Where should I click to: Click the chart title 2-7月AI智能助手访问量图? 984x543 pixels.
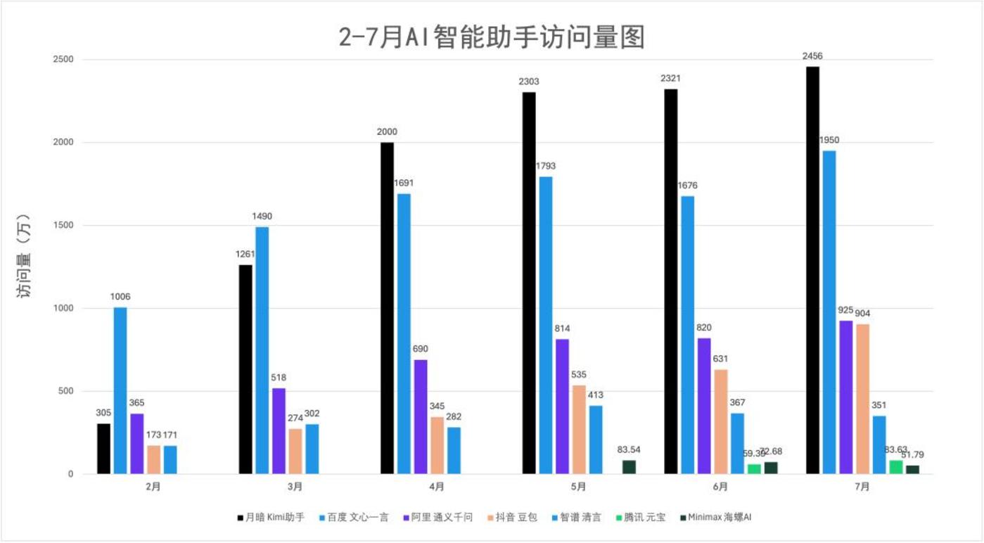tap(492, 37)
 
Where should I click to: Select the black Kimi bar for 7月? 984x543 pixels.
tap(812, 270)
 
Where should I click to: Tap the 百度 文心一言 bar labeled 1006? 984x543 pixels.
tap(120, 390)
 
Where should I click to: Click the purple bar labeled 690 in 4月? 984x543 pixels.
tap(421, 416)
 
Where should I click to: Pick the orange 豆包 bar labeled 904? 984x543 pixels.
tap(862, 399)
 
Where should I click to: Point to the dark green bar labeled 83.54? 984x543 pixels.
tap(629, 467)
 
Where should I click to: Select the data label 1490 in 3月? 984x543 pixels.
tap(262, 217)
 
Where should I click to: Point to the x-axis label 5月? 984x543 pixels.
tap(577, 487)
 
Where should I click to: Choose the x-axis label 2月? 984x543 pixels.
tap(153, 487)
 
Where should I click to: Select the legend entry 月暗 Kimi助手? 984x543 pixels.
tap(271, 517)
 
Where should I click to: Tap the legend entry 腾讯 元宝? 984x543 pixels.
tap(640, 517)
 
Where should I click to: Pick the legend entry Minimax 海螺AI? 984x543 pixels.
tap(715, 517)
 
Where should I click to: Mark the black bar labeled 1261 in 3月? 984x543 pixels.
tap(245, 369)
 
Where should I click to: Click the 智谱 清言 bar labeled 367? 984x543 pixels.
tap(736, 443)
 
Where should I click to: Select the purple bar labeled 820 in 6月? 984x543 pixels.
tap(704, 406)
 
